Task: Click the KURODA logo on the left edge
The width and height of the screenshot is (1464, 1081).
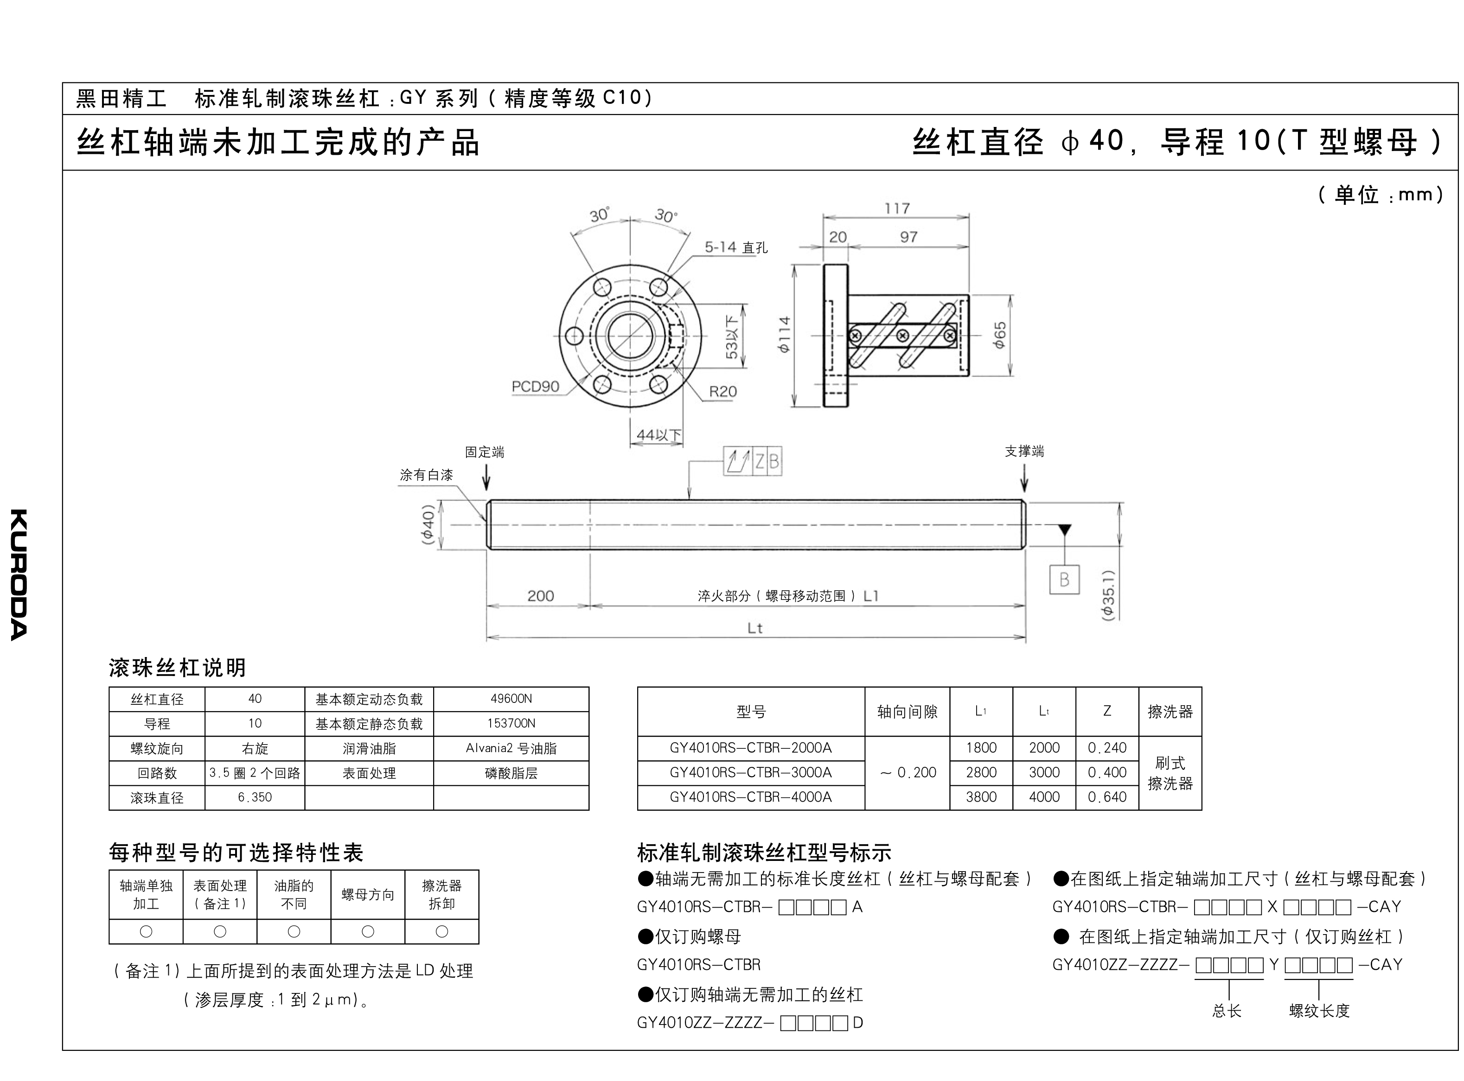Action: click(19, 574)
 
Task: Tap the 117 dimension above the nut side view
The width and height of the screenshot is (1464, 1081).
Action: click(896, 208)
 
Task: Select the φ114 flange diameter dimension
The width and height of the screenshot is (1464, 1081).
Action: click(784, 335)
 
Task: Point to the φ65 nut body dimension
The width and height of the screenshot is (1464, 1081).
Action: click(999, 335)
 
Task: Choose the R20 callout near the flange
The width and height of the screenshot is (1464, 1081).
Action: click(723, 392)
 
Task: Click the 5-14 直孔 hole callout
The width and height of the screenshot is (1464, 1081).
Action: click(736, 247)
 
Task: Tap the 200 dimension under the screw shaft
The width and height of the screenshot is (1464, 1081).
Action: click(540, 595)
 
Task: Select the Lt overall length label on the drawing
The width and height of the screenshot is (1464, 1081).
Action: click(755, 628)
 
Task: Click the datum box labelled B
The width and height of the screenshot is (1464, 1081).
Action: click(1064, 579)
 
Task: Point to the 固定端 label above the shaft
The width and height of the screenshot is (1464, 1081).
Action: click(485, 452)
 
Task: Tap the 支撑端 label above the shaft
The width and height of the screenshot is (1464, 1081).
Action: click(1025, 451)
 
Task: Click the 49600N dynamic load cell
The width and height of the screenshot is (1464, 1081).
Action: click(511, 699)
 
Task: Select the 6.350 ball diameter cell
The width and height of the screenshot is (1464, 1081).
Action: click(255, 798)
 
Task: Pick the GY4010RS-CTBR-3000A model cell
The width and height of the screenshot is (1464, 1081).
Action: click(751, 773)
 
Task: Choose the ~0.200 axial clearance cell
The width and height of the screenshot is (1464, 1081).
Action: click(908, 773)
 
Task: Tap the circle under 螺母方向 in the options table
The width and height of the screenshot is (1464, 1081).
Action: click(368, 931)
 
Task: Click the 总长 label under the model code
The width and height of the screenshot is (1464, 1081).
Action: click(1226, 1011)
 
